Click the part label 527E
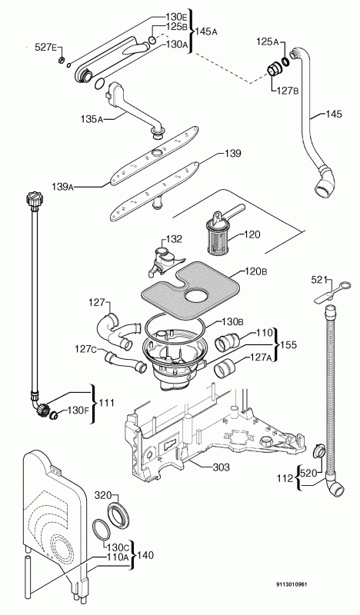click(x=46, y=48)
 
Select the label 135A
click(x=92, y=118)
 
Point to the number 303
click(x=221, y=467)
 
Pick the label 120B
click(x=255, y=271)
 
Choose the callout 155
click(x=288, y=344)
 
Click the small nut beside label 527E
click(x=62, y=61)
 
